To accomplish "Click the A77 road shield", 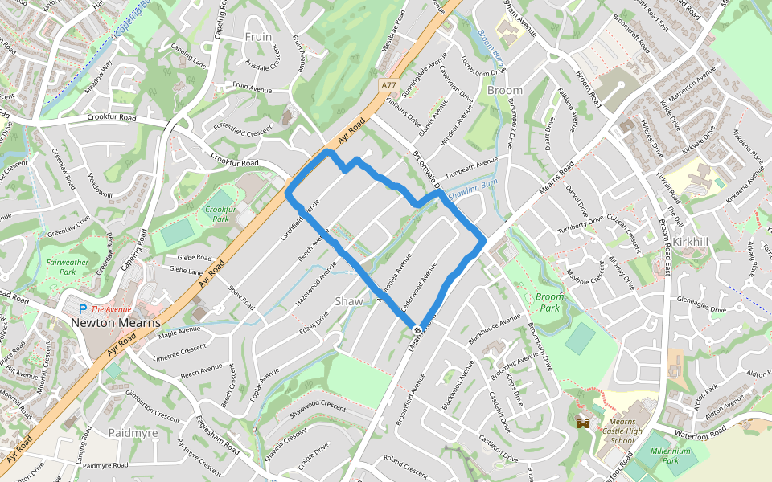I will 389,84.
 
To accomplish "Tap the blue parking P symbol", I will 82,308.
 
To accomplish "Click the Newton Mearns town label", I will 116,322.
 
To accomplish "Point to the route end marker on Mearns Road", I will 417,330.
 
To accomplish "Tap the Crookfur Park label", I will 219,214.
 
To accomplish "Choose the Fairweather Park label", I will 68,267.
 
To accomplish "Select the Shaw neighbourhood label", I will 348,301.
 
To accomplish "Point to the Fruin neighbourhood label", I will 258,37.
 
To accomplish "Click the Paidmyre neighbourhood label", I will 133,433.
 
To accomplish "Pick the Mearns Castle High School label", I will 622,431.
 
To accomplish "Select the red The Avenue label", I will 111,309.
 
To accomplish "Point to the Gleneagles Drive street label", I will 701,308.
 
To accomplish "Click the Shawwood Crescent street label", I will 317,407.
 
